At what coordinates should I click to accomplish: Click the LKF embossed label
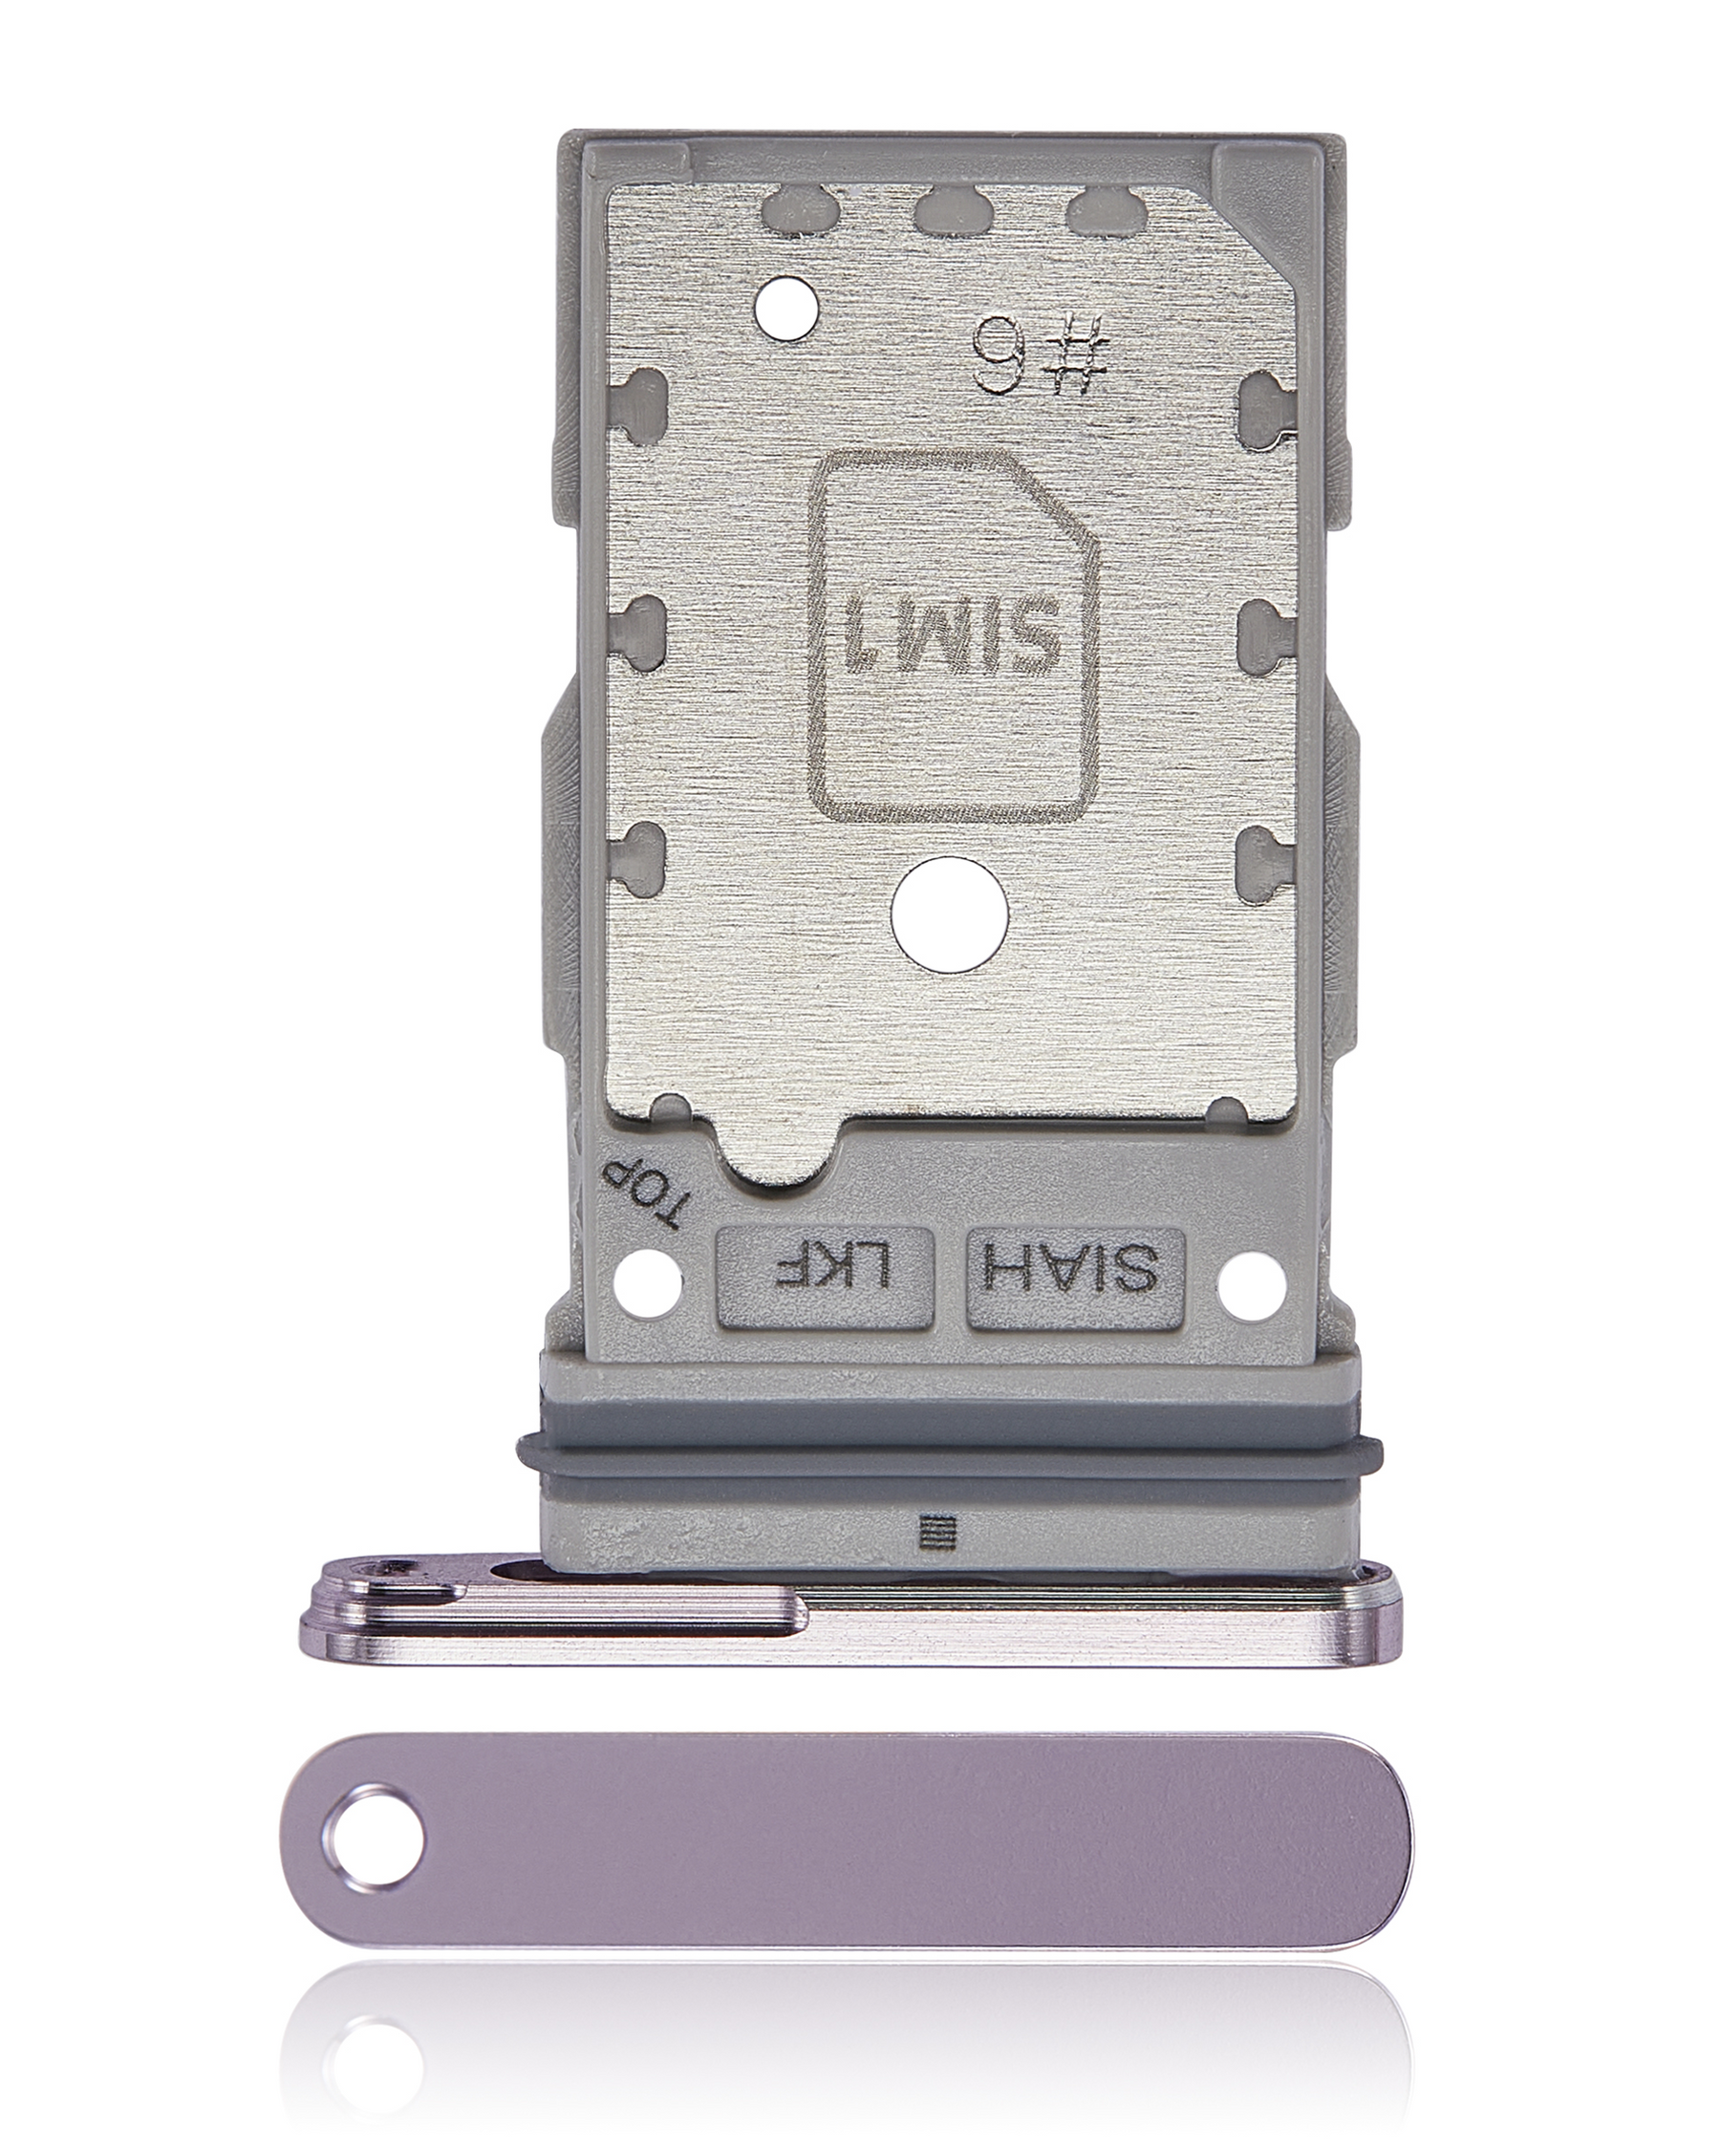point(824,1280)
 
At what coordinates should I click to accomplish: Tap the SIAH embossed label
point(1075,1280)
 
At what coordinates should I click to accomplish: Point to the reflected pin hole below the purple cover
point(370,2065)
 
